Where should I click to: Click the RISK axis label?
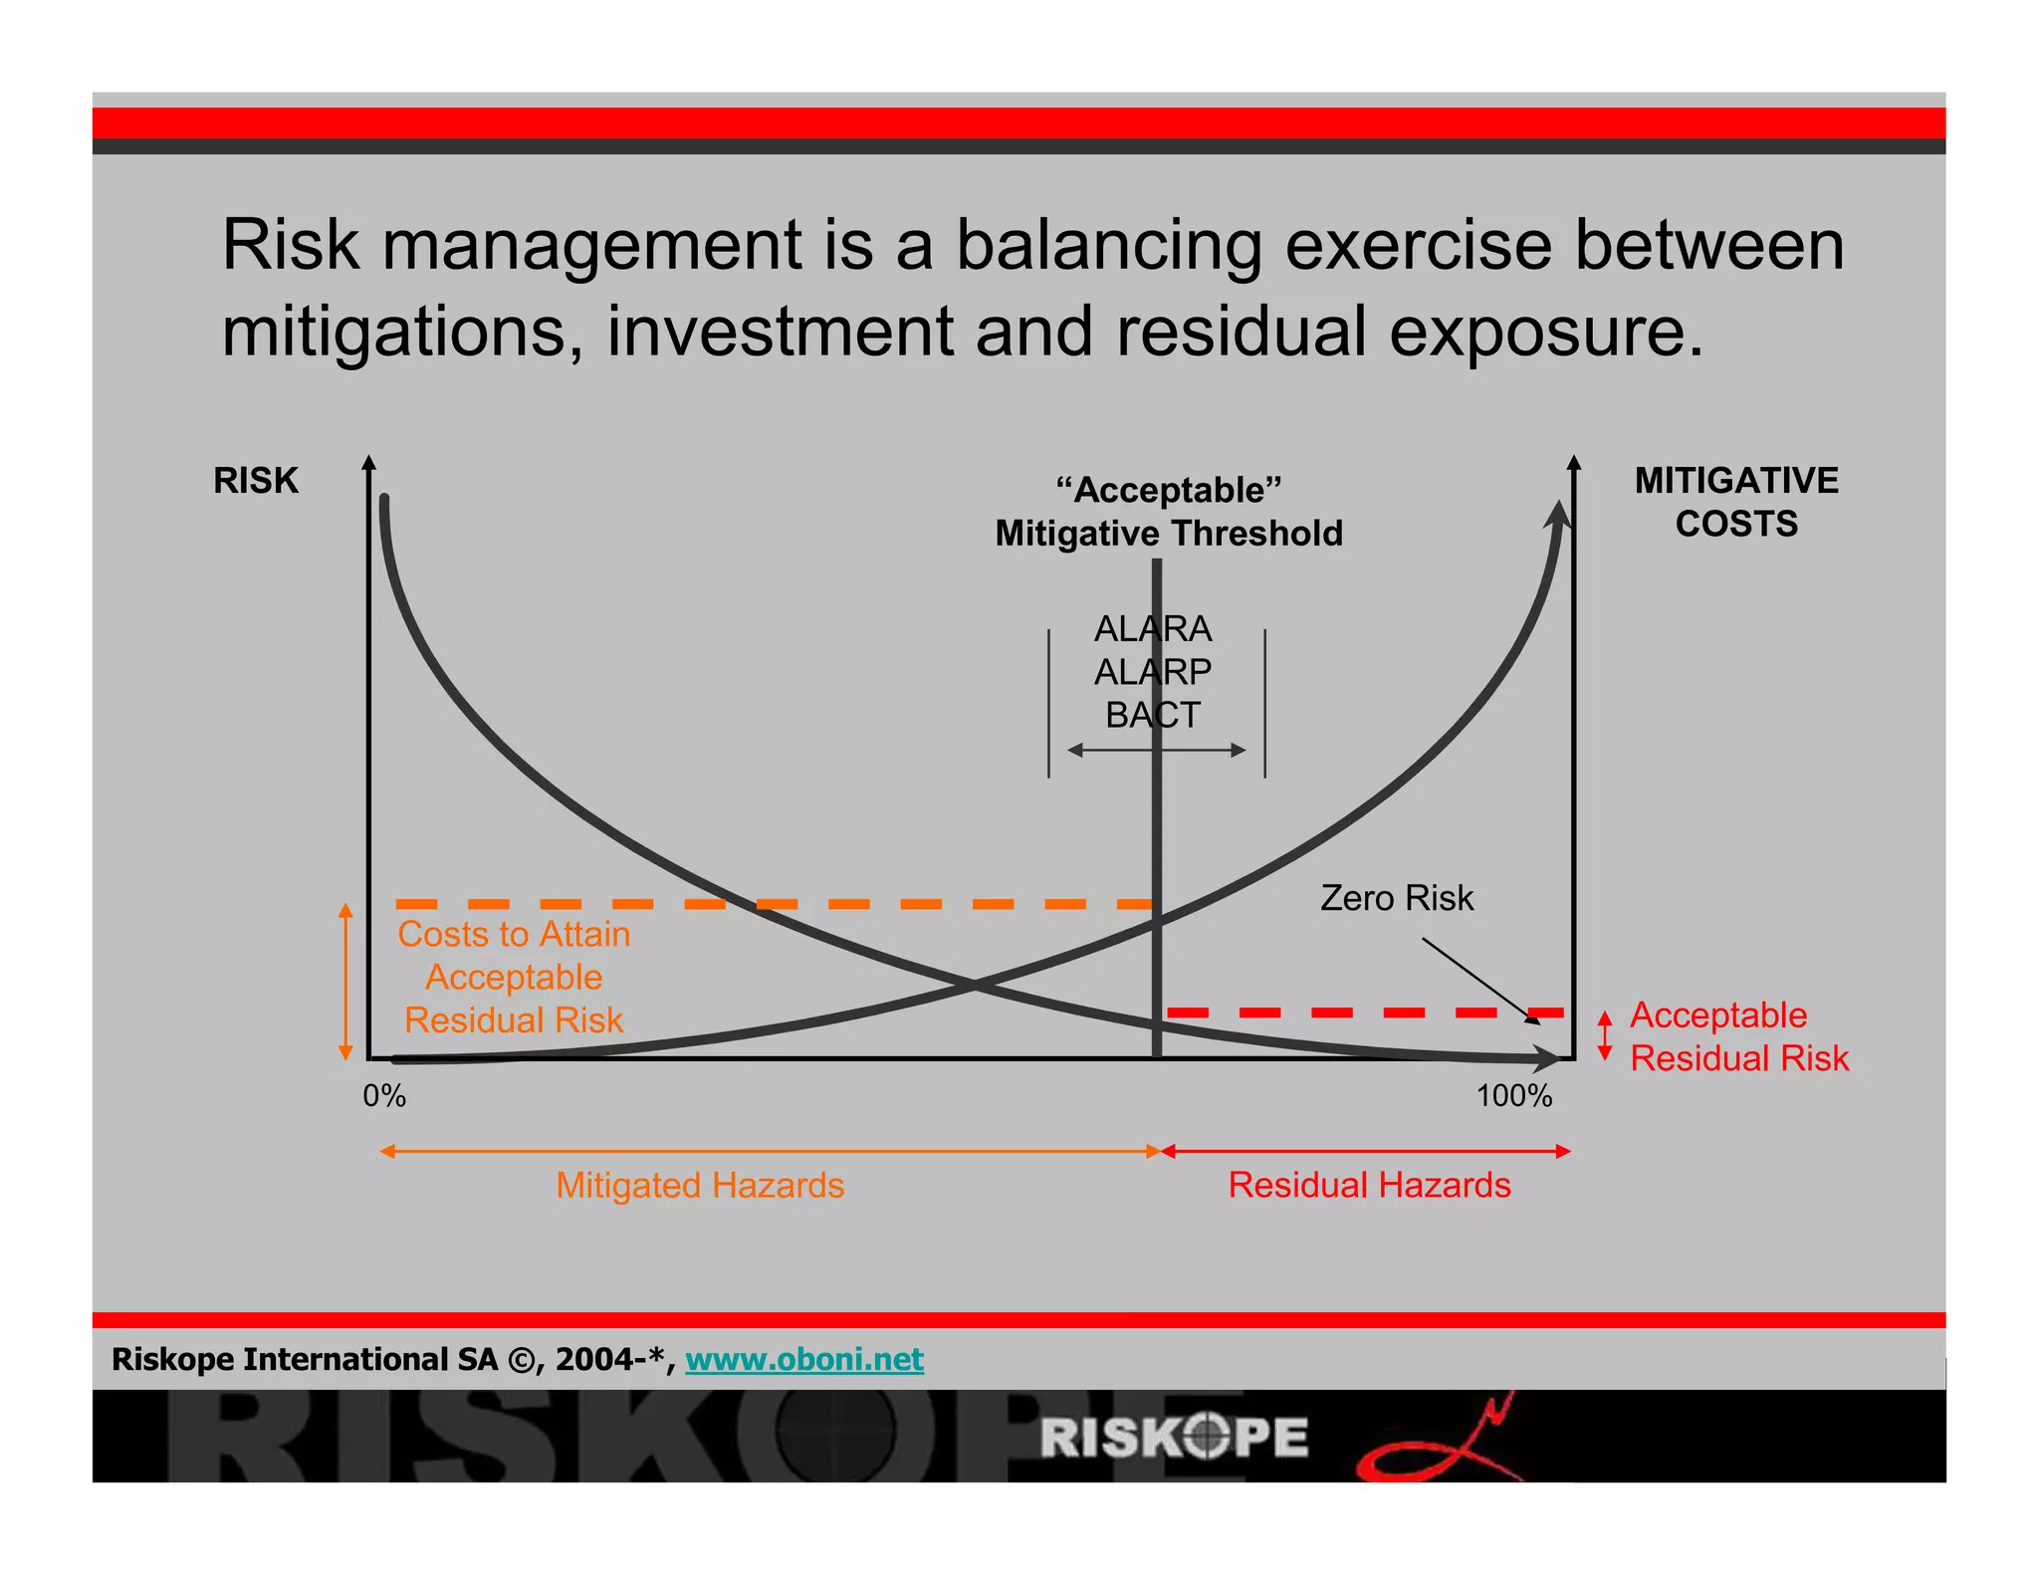click(x=255, y=481)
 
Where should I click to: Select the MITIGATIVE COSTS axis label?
click(x=1735, y=502)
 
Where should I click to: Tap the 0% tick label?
click(x=384, y=1096)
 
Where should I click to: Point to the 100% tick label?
click(x=1513, y=1096)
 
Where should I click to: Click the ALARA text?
click(x=1153, y=629)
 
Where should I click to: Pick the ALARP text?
click(x=1153, y=672)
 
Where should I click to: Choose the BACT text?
click(x=1153, y=715)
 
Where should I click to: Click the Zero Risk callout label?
click(x=1396, y=898)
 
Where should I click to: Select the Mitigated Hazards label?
click(x=700, y=1185)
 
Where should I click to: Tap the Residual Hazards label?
click(x=1369, y=1185)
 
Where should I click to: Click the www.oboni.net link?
click(x=804, y=1359)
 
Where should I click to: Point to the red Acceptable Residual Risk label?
click(x=1738, y=1036)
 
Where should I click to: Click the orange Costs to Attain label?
click(x=514, y=977)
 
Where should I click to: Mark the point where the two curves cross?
click(x=974, y=987)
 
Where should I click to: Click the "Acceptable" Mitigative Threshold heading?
click(x=1169, y=512)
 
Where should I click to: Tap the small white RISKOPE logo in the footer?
click(x=1175, y=1437)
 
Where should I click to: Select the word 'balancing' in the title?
click(x=1109, y=245)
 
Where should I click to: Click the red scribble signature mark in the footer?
click(x=1439, y=1444)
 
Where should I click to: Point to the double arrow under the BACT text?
click(x=1156, y=750)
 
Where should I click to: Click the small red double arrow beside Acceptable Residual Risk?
click(x=1604, y=1035)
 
